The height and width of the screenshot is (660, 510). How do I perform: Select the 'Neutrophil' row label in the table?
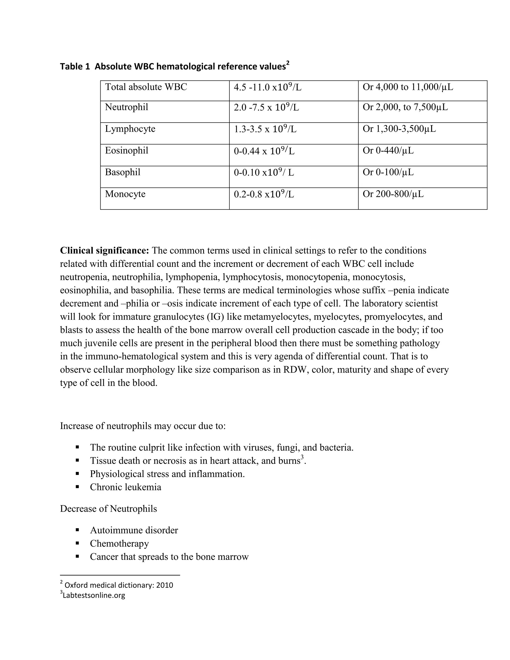[x=127, y=107]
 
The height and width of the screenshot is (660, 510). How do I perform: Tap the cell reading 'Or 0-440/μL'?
[x=388, y=150]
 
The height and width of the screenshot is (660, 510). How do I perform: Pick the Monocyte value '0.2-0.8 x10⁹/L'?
[x=264, y=194]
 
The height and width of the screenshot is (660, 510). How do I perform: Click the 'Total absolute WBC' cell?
[x=146, y=87]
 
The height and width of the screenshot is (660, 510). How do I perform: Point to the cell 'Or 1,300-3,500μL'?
[x=399, y=129]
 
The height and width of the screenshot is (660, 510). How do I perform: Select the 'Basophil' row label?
[x=123, y=172]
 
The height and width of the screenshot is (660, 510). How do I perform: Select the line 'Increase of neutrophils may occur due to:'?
[x=143, y=426]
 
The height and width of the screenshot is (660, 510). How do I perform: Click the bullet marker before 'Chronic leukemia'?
[x=78, y=487]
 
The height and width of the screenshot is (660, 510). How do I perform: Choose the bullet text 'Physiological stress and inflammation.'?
[x=167, y=474]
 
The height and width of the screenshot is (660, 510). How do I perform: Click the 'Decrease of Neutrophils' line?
[x=109, y=509]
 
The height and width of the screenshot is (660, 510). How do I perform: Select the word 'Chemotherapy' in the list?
[x=119, y=543]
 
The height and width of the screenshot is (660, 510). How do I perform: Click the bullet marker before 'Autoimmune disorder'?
[x=78, y=530]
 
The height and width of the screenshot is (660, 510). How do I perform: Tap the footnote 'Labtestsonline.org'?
[x=94, y=595]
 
